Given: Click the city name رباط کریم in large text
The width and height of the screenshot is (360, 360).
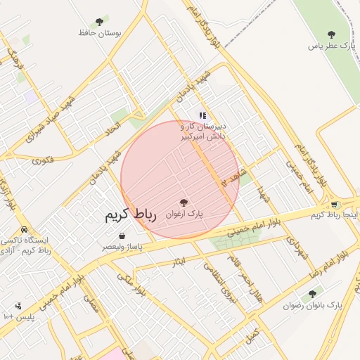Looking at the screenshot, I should tap(130, 215).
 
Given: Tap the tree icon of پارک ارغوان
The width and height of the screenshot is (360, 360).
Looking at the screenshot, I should tap(184, 202).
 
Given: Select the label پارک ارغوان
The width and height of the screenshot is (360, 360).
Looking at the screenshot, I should tap(184, 212).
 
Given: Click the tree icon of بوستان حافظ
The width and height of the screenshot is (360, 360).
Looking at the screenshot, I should tap(98, 22).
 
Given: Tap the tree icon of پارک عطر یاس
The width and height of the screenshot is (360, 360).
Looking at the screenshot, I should tap(332, 34).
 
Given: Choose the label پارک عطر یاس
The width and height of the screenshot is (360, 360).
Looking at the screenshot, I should tap(328, 46).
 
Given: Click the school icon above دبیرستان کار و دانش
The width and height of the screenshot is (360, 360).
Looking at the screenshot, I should tap(202, 115).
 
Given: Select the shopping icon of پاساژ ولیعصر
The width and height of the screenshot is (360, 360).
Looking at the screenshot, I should tap(122, 236).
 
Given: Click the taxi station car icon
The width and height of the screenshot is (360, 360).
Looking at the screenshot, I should tap(25, 230).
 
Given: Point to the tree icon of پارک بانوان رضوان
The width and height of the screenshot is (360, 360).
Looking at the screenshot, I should tap(312, 294).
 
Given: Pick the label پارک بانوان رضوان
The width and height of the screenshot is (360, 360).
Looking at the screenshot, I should tap(313, 306).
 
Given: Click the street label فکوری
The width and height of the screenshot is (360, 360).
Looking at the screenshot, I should tap(42, 160).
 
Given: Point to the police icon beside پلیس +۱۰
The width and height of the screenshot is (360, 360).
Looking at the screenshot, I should tap(18, 306).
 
